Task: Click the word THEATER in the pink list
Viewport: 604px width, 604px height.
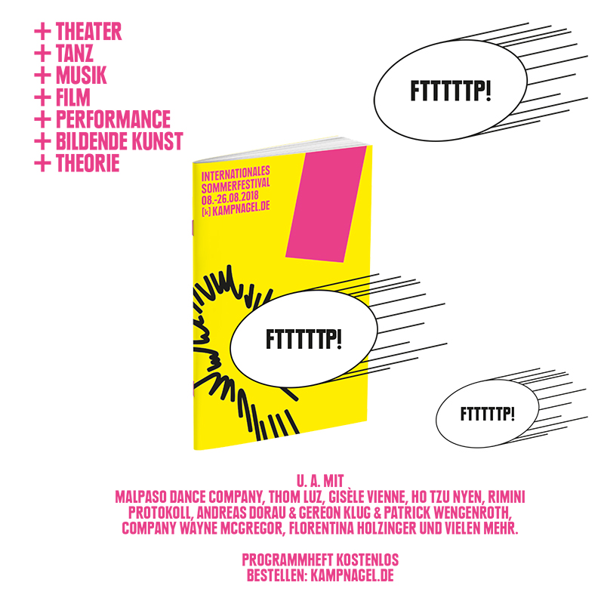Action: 88,31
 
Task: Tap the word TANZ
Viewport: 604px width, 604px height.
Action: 74,53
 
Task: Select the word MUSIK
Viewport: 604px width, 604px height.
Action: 81,75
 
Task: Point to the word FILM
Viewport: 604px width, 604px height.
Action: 72,97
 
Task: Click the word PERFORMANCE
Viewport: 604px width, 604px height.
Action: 113,119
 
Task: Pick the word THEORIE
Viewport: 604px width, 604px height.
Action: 88,163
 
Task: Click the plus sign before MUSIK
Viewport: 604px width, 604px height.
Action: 42,75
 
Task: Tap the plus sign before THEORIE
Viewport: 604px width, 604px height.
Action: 42,163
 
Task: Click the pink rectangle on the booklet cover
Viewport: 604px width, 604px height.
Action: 326,204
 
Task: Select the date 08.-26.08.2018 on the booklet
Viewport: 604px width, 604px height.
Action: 230,199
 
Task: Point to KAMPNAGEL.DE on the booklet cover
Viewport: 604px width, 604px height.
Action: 241,209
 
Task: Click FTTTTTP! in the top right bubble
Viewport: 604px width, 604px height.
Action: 451,91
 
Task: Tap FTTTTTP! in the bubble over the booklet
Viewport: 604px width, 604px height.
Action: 304,339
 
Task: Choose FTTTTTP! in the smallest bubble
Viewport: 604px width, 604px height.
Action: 487,414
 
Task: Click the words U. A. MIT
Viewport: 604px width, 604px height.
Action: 320,481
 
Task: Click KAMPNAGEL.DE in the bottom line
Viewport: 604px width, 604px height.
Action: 352,575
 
